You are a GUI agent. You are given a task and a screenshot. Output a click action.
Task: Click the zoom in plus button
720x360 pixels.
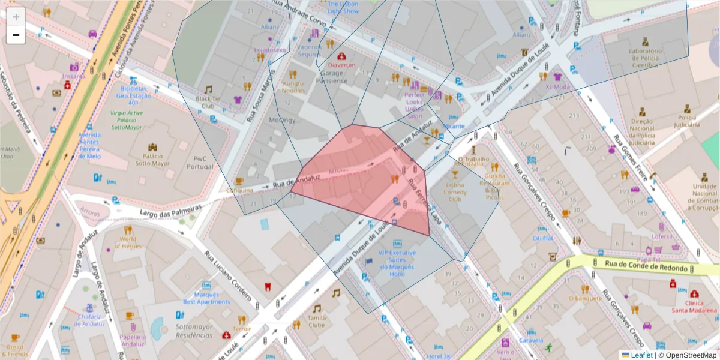coord(16,17)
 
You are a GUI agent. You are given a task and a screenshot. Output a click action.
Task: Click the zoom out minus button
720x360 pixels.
coord(16,35)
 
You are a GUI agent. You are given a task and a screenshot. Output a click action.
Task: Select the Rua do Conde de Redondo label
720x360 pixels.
coord(644,263)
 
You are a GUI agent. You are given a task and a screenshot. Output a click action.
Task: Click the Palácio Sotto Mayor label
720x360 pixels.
coord(152,159)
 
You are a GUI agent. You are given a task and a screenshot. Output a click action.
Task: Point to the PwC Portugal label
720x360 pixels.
coord(200,163)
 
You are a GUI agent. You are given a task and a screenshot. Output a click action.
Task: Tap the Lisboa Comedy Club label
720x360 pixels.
coord(455,191)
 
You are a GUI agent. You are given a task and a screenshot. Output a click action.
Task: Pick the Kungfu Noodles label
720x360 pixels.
coord(293,87)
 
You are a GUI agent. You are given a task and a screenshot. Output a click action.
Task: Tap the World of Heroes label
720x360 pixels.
coord(128,242)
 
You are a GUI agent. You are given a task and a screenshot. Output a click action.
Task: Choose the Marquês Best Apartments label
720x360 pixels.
coord(206,298)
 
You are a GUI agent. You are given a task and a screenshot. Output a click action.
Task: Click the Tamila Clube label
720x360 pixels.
coord(316,321)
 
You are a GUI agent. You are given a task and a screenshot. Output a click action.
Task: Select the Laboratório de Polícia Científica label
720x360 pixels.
coord(645,59)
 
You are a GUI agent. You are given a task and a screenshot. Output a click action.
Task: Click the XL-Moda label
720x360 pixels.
coord(557,86)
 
